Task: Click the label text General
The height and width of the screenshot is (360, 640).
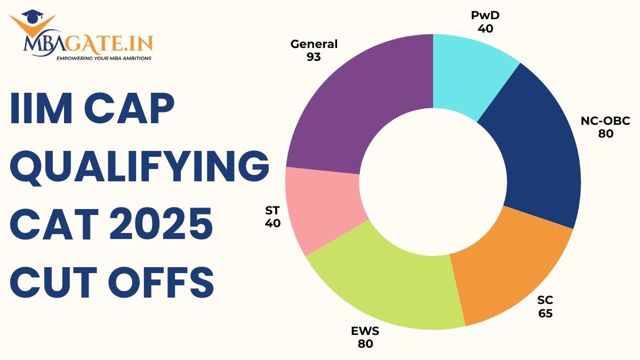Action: coord(314,44)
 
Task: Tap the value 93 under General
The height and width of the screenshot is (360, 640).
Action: coord(314,57)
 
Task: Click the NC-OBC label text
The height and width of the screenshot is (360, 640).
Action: coord(605,121)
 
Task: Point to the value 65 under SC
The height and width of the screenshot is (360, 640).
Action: coord(545,314)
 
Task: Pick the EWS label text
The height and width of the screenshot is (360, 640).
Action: coord(365,331)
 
